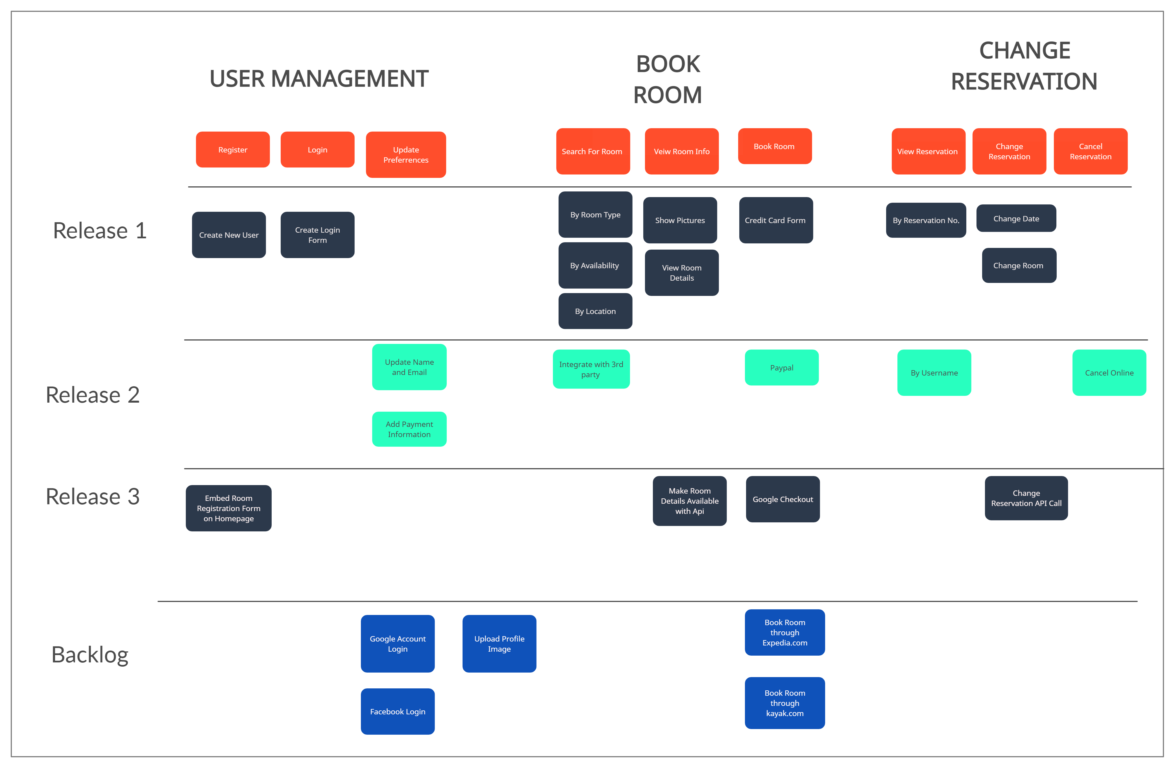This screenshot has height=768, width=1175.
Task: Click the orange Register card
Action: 232,150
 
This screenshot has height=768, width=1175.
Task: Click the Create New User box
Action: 228,235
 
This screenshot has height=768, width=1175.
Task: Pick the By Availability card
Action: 595,265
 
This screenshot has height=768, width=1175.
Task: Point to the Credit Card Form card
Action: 775,220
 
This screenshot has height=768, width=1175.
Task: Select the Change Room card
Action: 1019,265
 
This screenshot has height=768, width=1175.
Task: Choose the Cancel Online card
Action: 1109,373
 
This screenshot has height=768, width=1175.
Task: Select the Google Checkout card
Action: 782,499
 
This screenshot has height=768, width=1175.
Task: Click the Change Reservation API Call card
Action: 1026,498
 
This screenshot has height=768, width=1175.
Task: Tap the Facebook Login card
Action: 397,711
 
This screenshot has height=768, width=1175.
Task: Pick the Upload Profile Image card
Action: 499,643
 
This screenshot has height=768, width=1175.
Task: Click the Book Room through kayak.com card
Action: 784,703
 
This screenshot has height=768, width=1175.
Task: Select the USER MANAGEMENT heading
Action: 319,79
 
